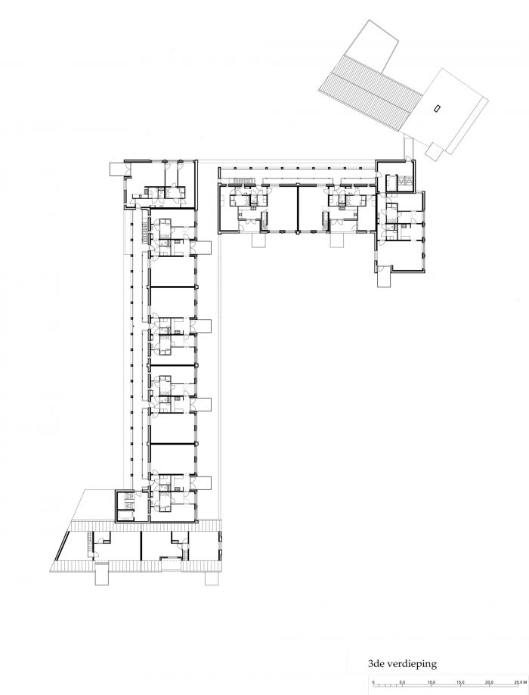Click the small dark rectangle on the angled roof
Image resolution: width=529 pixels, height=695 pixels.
pyautogui.click(x=437, y=107)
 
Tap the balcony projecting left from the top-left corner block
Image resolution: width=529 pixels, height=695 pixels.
pyautogui.click(x=117, y=169)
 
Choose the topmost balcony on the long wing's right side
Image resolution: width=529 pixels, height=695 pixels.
pyautogui.click(x=202, y=248)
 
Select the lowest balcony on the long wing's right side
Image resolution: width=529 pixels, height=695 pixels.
pyautogui.click(x=202, y=482)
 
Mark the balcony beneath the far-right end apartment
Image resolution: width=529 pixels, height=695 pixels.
pyautogui.click(x=384, y=277)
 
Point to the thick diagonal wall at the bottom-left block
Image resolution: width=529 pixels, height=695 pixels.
pyautogui.click(x=61, y=546)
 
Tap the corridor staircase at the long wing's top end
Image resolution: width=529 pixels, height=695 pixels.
pyautogui.click(x=144, y=231)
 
